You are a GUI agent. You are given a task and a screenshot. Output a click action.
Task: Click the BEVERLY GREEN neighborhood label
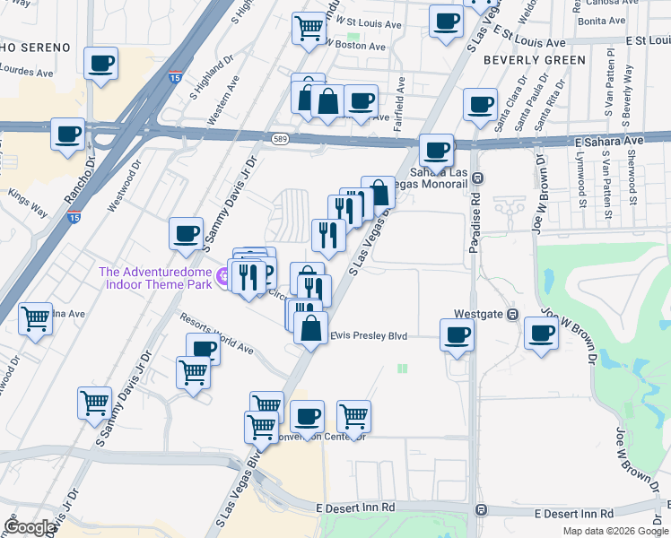click(534, 60)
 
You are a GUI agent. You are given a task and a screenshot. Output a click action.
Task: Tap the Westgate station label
click(478, 314)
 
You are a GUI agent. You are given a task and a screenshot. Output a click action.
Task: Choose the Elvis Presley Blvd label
click(370, 335)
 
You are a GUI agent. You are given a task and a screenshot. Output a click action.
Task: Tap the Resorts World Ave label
click(215, 333)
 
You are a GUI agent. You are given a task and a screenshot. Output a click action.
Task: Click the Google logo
click(30, 526)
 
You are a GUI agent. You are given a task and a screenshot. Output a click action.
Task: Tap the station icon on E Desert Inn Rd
click(481, 510)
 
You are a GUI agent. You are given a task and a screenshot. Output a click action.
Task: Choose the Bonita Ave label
click(601, 20)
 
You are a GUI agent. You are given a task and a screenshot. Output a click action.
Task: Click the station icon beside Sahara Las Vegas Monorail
click(478, 178)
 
